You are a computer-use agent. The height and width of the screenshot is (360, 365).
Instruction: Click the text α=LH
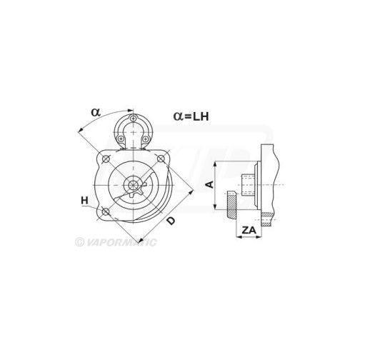191,116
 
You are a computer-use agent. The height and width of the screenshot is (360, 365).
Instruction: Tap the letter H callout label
84,201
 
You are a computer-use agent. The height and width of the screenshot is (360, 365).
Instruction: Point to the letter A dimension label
210,184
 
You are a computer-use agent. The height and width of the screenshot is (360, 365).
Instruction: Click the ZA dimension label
249,230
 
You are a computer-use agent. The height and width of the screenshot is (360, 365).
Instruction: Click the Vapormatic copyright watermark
116,242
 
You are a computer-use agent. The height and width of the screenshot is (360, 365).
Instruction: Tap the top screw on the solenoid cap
134,118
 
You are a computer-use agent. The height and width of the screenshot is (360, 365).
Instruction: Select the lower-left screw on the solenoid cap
121,139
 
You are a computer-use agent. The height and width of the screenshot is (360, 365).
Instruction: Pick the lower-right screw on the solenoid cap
145,139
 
